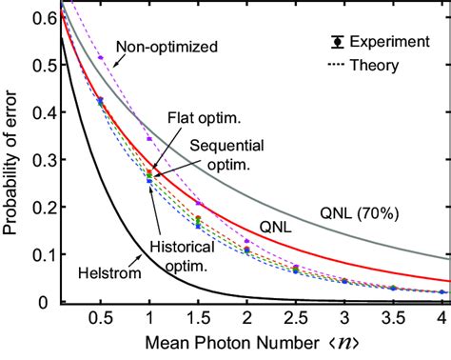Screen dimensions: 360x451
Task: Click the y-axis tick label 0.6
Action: tap(40, 17)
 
